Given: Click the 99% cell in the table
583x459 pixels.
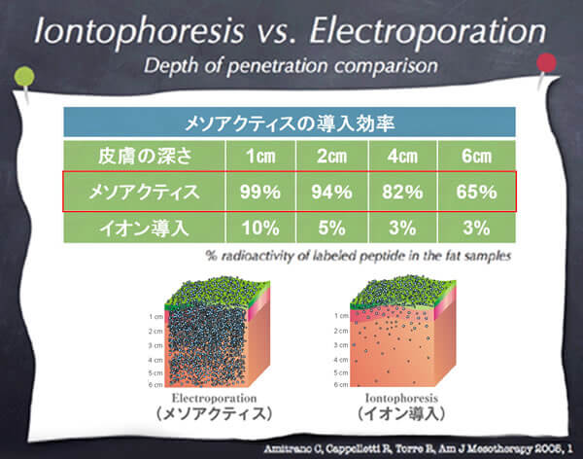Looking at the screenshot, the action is coord(260,193).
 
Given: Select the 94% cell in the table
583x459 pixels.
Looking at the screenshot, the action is coord(331,193).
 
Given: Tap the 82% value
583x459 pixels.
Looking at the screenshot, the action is coord(402,193).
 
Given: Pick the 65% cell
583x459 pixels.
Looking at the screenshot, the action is coord(477,193).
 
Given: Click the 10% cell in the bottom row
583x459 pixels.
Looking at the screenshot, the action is coord(260,228).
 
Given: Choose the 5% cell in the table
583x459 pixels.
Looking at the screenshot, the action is coord(331,228).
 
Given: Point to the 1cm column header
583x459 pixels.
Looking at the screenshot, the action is coord(260,156).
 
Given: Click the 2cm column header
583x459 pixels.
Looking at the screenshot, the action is coord(331,156).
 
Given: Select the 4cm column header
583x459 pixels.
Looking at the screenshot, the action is coord(402,156).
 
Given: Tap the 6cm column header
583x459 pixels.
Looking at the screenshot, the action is coord(477,156).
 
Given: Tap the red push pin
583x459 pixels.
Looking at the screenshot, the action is coord(546,63).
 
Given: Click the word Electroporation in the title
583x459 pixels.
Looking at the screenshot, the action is coord(428,31).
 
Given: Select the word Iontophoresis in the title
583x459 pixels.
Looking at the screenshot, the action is coord(139,31).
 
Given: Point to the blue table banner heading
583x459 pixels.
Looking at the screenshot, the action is coord(290,123).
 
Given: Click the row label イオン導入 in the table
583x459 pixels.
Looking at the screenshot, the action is coord(144,228).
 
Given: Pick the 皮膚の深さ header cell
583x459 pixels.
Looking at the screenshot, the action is coord(144,156).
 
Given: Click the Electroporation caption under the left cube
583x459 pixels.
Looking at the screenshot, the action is coord(214,399).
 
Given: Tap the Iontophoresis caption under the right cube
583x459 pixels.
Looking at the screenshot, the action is coord(401,399).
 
